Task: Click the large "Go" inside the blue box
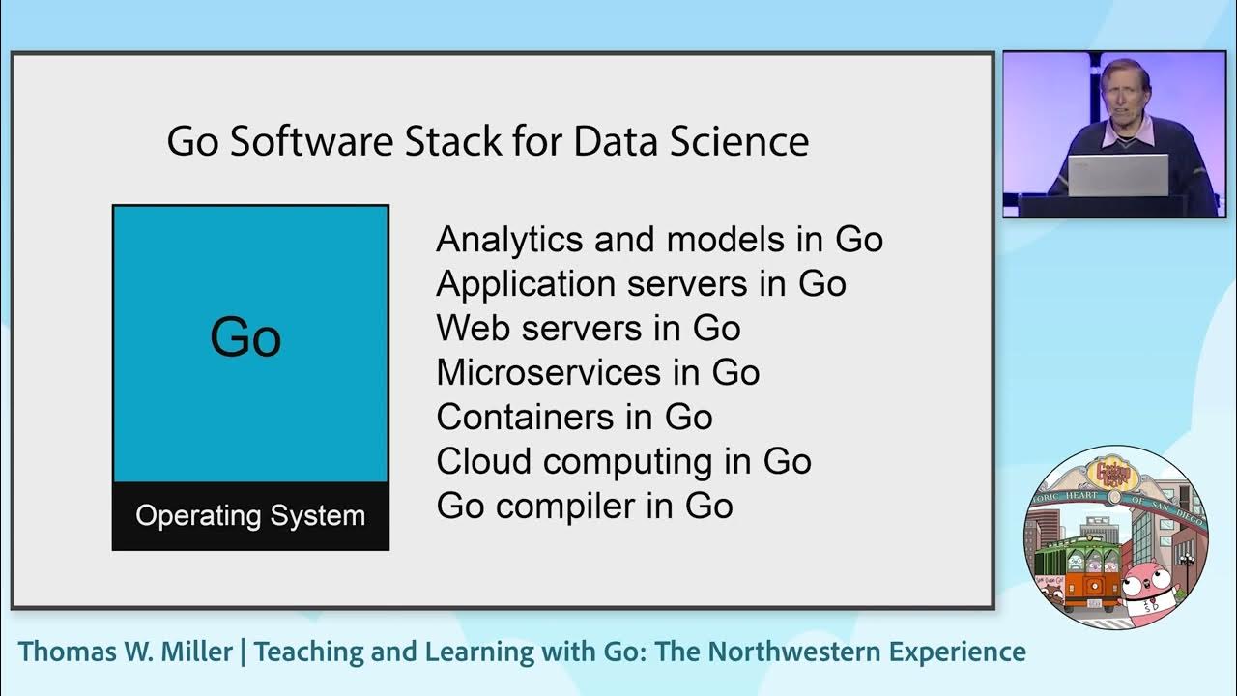pos(245,337)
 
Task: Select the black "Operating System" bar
pos(250,515)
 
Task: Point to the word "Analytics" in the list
pos(507,240)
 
